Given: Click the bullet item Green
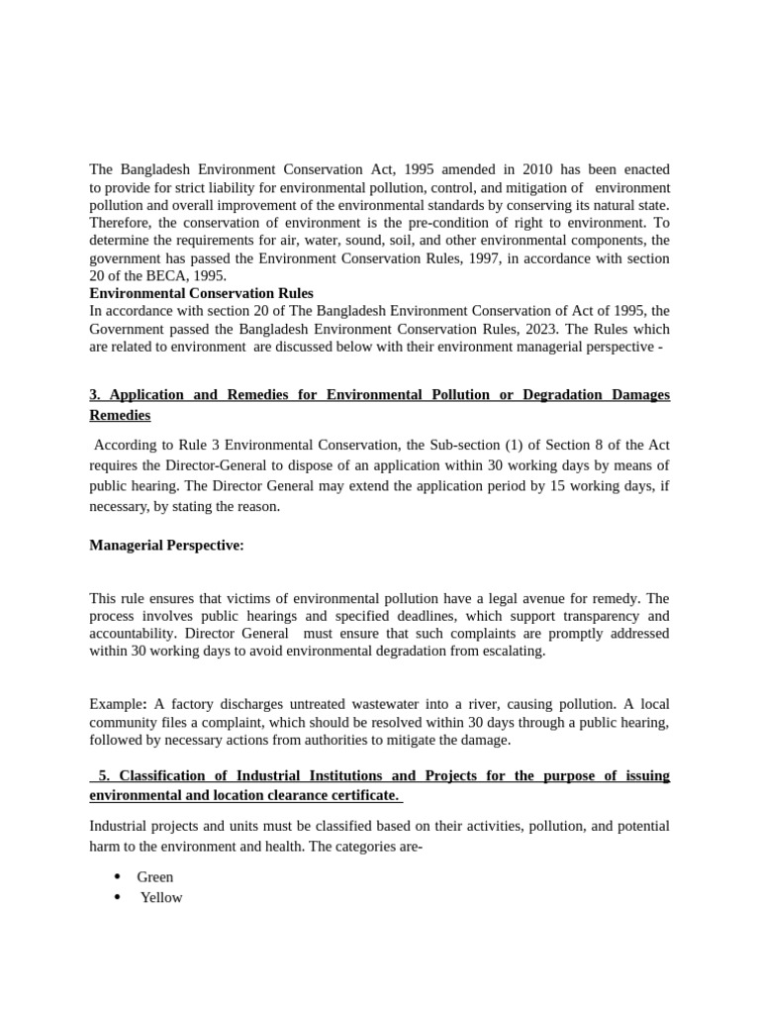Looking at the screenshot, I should [154, 876].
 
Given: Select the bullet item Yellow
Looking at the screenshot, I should [160, 897].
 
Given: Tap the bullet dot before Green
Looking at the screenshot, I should [118, 876].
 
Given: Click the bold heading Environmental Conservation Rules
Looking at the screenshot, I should [201, 293].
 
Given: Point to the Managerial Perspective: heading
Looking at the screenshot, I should [166, 546].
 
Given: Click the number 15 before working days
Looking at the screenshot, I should [549, 486].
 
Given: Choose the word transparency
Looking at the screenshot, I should [577, 615].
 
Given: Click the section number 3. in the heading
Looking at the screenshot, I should [95, 394].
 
